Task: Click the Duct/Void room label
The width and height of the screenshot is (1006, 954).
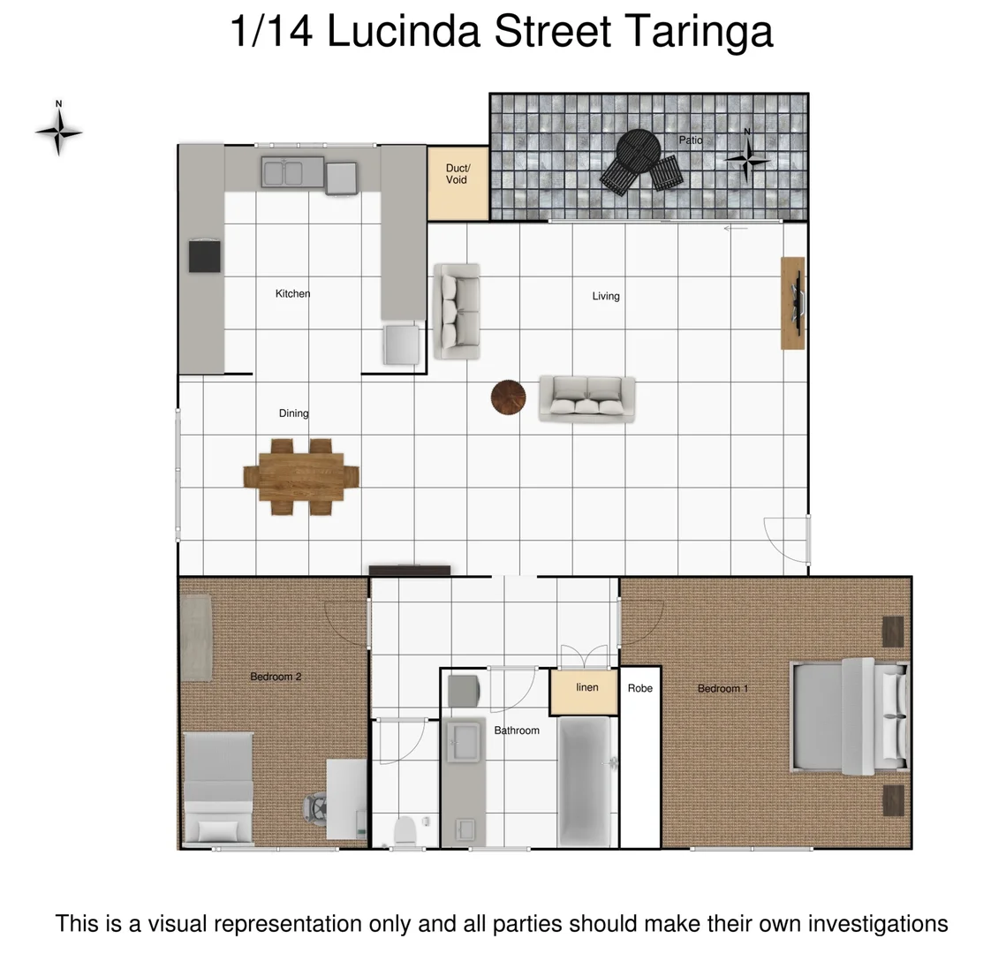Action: [457, 174]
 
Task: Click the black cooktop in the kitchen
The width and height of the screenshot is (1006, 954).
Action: [205, 255]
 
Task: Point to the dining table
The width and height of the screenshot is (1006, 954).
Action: [301, 477]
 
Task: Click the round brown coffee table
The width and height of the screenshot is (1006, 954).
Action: [509, 397]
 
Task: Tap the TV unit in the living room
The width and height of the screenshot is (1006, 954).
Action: [792, 302]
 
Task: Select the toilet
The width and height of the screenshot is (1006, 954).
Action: [405, 831]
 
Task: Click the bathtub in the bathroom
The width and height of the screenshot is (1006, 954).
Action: [586, 778]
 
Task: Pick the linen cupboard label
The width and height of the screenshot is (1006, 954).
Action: [586, 687]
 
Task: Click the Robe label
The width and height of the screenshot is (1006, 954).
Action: [640, 688]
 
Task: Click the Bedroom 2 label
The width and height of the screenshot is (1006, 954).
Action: [276, 677]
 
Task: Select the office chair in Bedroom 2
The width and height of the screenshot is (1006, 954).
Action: [315, 806]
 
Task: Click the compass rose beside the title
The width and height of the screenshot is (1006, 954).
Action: [59, 132]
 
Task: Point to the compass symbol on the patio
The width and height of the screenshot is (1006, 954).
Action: [747, 158]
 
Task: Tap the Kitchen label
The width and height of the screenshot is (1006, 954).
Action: [292, 293]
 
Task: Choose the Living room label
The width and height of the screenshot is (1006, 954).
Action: [606, 296]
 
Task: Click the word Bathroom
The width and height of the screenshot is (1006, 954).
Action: [517, 731]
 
